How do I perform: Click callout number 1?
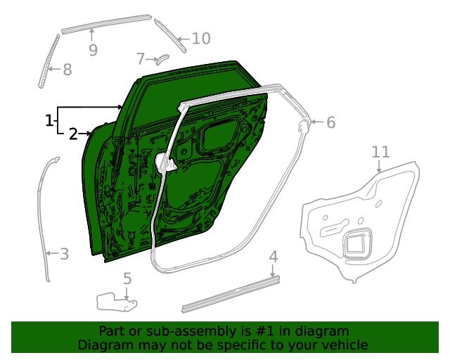coord(49,121)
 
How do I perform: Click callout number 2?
coord(73,134)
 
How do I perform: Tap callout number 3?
coord(64,253)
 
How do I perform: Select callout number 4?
coord(274,257)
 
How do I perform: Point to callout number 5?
coord(127,279)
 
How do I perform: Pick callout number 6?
coord(330,122)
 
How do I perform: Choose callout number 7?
coord(141,58)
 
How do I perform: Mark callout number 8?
coord(67,70)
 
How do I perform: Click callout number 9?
coord(93,50)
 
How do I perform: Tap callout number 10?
coord(200,39)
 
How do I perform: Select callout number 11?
coord(380,152)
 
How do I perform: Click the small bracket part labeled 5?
coord(115,301)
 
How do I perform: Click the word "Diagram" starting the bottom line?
coord(104,345)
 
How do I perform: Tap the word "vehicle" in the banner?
coord(342,345)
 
